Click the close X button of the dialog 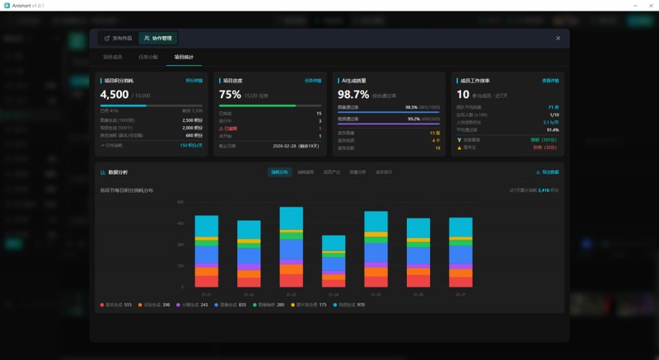(558, 38)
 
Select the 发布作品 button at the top (118, 38)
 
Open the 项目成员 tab (112, 58)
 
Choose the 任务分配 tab (148, 58)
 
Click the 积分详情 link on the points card (194, 81)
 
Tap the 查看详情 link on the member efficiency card (550, 81)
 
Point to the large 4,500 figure (115, 95)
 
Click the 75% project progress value (230, 95)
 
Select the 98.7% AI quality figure (353, 95)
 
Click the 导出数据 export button (547, 172)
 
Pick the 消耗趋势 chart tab (306, 172)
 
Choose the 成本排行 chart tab (384, 172)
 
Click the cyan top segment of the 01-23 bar (292, 217)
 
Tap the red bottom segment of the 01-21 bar (206, 281)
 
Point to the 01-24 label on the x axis (334, 294)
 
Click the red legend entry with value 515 (116, 305)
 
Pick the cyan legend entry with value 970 (348, 305)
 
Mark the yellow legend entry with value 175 (302, 305)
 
